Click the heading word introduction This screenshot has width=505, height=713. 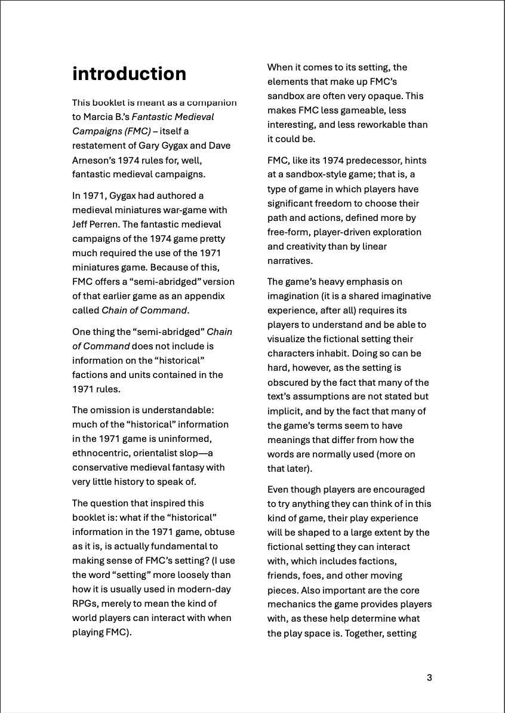(x=129, y=74)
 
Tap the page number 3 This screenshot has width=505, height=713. (x=429, y=677)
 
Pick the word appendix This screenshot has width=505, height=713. (x=204, y=296)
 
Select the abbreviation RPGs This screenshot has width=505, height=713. (x=85, y=604)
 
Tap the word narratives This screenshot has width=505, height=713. (x=290, y=262)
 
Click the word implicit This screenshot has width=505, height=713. (x=284, y=411)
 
